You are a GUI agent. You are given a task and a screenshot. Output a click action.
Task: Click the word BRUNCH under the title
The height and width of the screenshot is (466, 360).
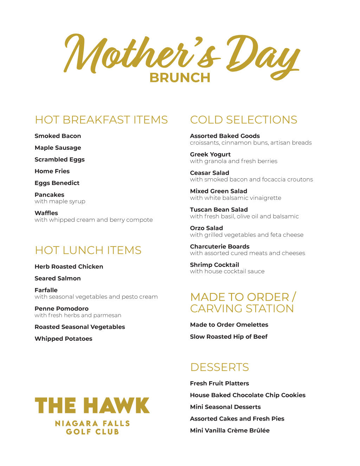[180, 78]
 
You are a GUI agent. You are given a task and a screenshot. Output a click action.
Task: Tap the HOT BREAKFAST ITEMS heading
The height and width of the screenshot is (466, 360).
[101, 120]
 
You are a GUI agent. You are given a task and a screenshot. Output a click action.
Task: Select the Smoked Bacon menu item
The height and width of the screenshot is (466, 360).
[58, 136]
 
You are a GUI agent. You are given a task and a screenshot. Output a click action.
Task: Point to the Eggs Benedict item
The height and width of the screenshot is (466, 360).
[57, 183]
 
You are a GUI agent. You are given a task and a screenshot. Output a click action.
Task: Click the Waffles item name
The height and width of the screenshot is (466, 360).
[46, 213]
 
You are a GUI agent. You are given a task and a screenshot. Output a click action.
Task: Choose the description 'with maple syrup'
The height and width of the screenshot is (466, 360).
[60, 202]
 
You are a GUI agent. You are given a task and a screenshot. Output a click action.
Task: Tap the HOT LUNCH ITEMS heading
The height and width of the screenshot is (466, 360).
[88, 250]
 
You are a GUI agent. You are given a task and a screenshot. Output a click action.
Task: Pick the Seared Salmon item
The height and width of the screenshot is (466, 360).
[58, 279]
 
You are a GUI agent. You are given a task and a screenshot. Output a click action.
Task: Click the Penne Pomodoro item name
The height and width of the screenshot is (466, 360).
[62, 309]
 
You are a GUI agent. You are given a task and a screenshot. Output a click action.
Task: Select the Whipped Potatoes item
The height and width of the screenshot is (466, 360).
[63, 339]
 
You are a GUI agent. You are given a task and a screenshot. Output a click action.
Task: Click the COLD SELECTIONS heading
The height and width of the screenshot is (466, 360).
[243, 120]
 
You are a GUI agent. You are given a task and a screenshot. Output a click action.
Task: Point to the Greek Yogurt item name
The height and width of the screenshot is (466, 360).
[210, 154]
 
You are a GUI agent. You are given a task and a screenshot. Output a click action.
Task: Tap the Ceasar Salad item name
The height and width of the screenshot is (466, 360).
[210, 173]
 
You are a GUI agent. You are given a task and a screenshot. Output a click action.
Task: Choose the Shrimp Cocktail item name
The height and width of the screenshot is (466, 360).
[214, 265]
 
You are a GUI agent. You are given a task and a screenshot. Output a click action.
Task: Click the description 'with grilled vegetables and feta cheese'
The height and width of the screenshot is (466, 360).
[246, 235]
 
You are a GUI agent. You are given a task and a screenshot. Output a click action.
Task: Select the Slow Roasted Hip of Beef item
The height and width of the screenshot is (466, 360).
[229, 337]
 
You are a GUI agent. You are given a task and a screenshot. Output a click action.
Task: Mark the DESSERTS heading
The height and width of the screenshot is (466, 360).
[219, 367]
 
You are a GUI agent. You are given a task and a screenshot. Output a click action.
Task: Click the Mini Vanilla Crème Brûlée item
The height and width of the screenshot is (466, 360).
[230, 430]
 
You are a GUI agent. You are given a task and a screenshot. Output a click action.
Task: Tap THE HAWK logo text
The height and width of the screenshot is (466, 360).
[92, 406]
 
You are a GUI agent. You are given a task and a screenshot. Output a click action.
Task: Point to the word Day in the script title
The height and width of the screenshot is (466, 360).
[262, 56]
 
